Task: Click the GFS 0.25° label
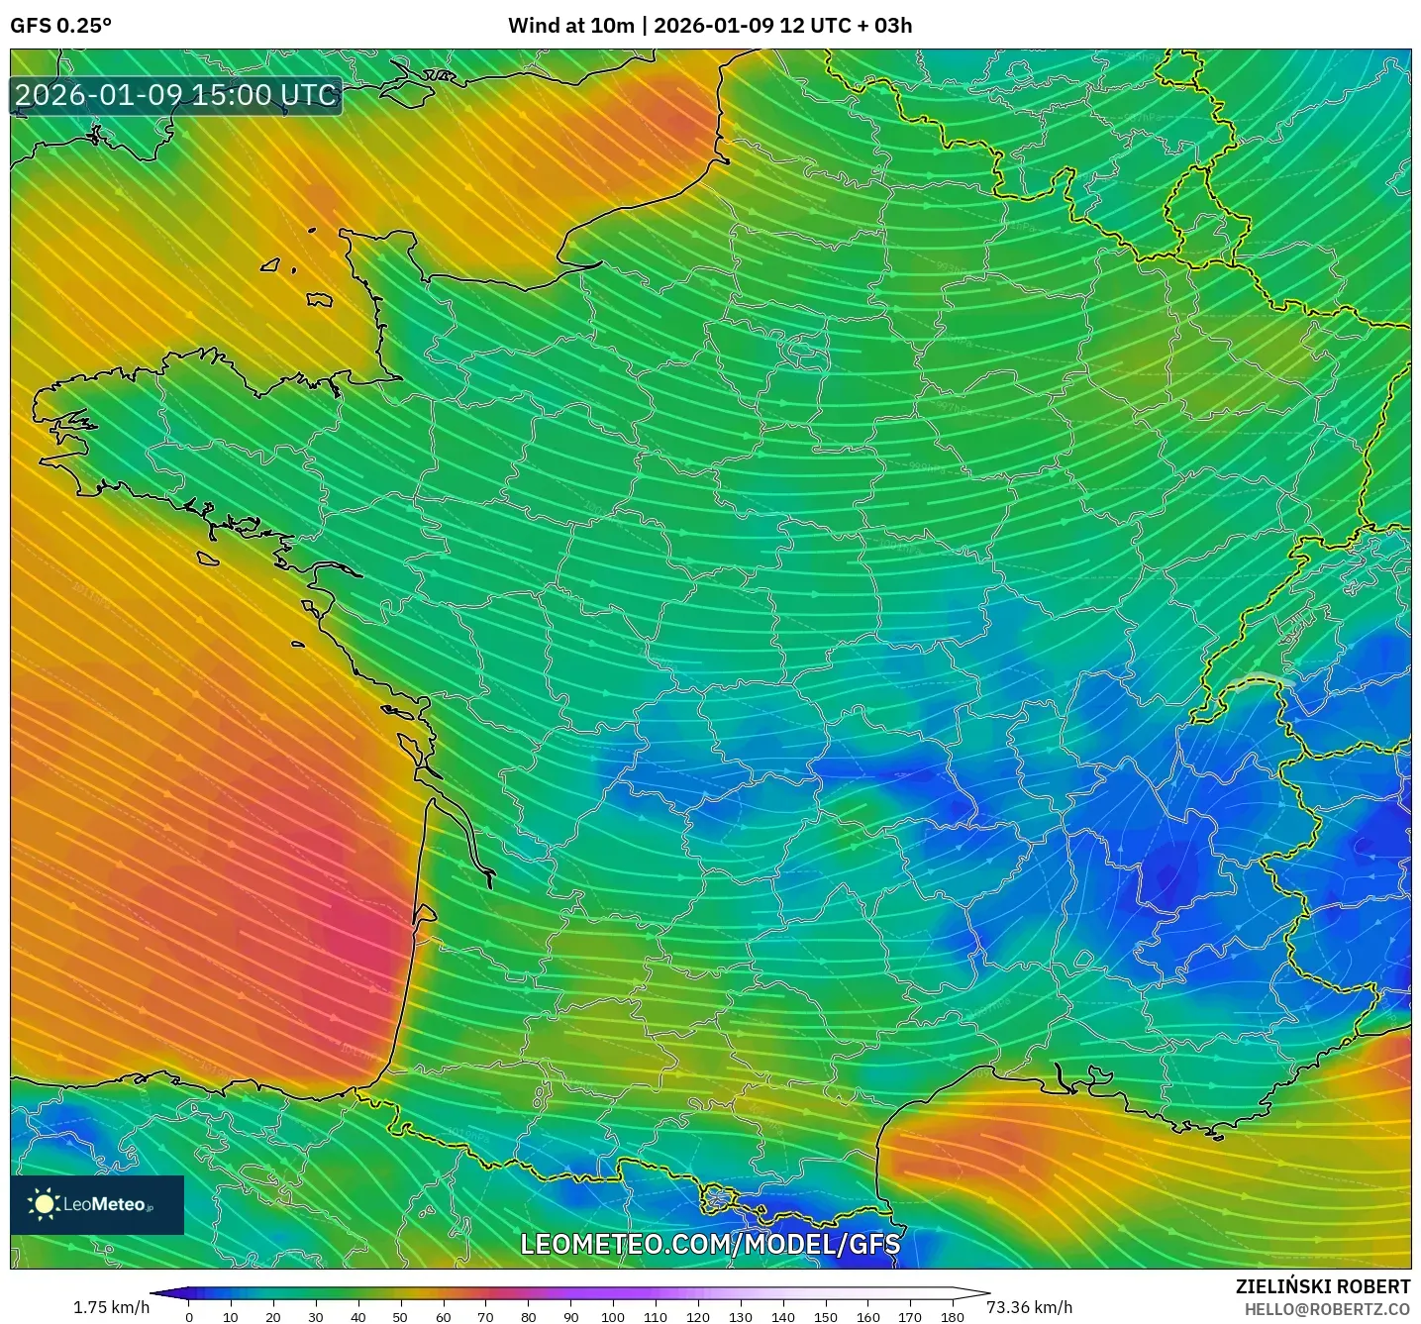(60, 26)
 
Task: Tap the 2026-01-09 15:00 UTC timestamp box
(176, 95)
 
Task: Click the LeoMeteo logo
(97, 1204)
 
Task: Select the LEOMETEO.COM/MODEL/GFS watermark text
(710, 1244)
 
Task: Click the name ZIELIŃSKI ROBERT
(1322, 1286)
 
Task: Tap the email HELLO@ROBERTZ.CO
(1326, 1309)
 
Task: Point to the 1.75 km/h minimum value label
(111, 1307)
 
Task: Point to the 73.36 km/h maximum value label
(1029, 1307)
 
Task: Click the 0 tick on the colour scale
(189, 1316)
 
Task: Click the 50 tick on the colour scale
(400, 1316)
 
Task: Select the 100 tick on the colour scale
(612, 1316)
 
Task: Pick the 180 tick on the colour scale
(952, 1316)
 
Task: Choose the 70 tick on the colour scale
(485, 1316)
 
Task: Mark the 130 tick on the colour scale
(740, 1316)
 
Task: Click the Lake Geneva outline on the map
(1256, 681)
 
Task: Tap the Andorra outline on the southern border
(721, 1200)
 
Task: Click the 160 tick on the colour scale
(867, 1316)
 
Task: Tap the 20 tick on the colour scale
(273, 1316)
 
